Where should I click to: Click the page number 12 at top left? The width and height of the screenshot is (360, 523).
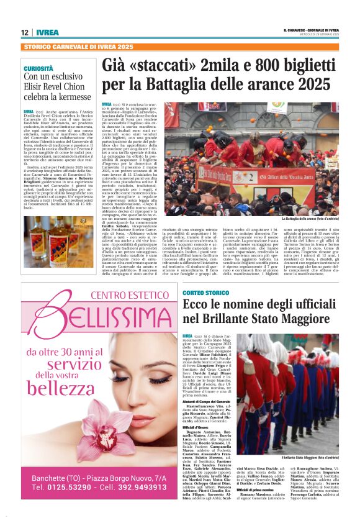point(25,32)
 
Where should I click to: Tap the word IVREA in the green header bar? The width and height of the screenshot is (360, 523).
point(47,32)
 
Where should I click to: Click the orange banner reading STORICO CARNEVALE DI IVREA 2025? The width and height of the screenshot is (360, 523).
point(78,47)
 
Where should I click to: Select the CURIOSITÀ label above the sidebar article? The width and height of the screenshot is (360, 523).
point(38,68)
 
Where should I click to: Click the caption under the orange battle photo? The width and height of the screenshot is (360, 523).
point(309,219)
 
